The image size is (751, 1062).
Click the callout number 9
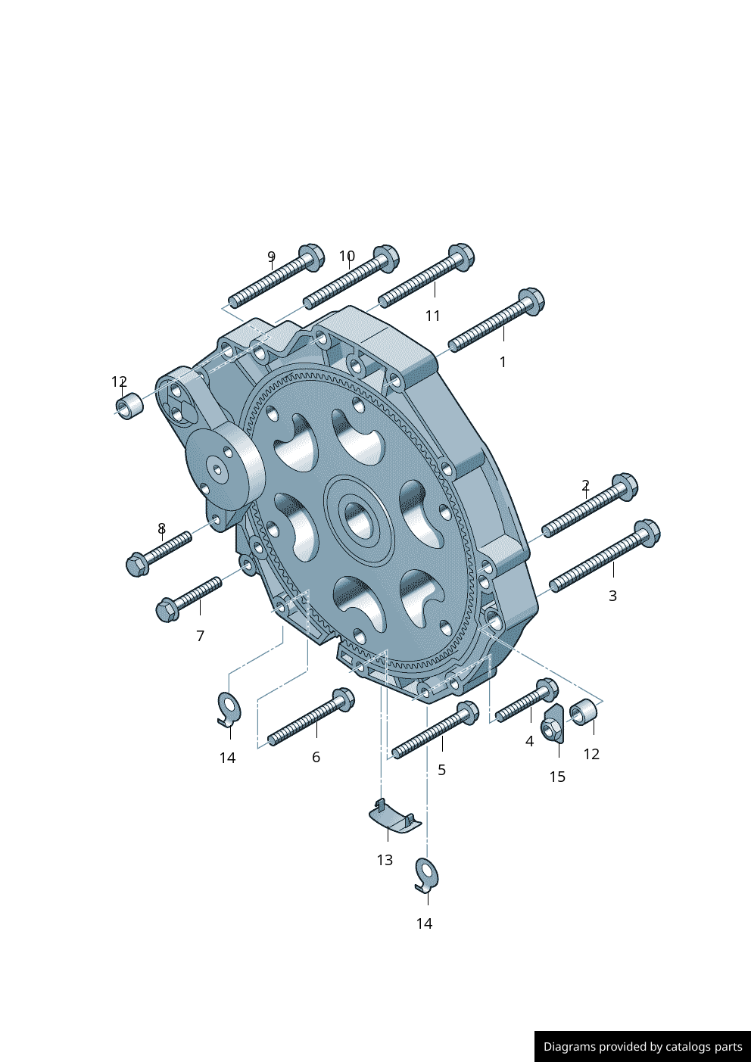point(271,257)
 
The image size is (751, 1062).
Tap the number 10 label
point(347,256)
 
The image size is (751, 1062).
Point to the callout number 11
point(433,316)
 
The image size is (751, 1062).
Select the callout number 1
point(503,363)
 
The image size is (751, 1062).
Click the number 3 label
point(612,596)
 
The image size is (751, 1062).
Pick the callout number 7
point(200,636)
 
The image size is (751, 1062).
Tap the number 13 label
point(385,860)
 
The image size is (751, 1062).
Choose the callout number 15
point(557,777)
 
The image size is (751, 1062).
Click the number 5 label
point(441,770)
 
